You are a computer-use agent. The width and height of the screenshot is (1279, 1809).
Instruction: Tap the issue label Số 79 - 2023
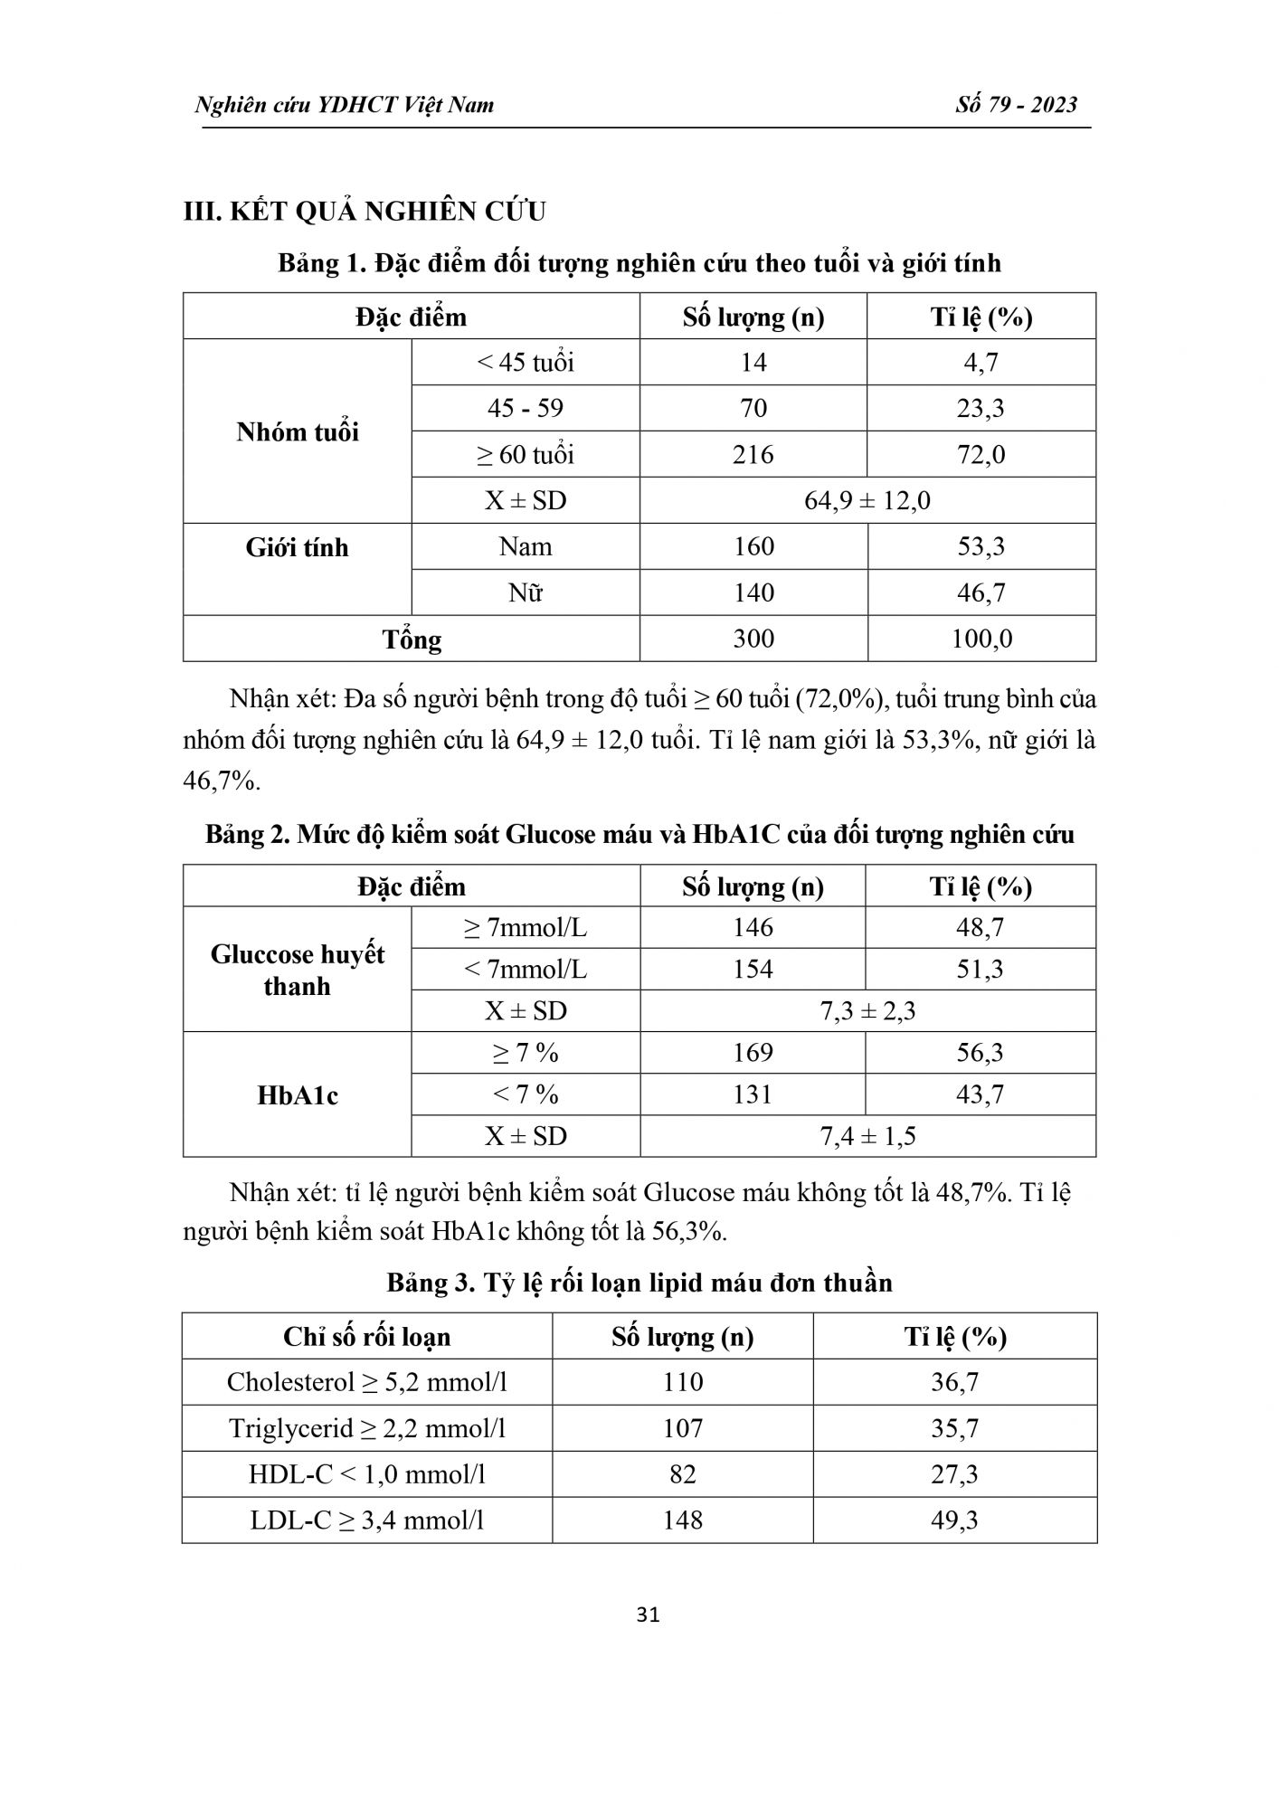pyautogui.click(x=1016, y=105)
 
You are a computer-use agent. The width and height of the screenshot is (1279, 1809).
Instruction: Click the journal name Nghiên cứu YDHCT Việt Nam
pyautogui.click(x=345, y=105)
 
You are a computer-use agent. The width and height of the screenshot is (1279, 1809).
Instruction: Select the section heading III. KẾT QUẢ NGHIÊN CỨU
pyautogui.click(x=365, y=212)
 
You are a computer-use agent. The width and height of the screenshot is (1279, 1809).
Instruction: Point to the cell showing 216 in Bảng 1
pyautogui.click(x=753, y=454)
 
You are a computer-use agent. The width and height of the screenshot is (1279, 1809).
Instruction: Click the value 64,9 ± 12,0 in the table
pyautogui.click(x=867, y=500)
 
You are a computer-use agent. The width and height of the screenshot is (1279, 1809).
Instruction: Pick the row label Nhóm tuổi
pyautogui.click(x=298, y=431)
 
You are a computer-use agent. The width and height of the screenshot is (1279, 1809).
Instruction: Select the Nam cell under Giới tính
pyautogui.click(x=525, y=546)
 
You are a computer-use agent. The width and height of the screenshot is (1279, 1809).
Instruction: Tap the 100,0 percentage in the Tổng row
pyautogui.click(x=981, y=639)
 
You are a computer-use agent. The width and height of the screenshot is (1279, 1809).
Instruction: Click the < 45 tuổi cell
pyautogui.click(x=525, y=363)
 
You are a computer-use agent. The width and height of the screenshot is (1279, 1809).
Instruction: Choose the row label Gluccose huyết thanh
pyautogui.click(x=298, y=970)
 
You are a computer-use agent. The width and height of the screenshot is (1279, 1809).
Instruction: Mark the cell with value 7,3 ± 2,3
pyautogui.click(x=867, y=1010)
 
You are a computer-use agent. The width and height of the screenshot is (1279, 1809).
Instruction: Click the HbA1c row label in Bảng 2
pyautogui.click(x=298, y=1095)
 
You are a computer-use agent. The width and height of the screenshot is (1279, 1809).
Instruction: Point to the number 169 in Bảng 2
pyautogui.click(x=753, y=1053)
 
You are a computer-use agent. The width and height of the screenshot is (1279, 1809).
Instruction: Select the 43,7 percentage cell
pyautogui.click(x=980, y=1094)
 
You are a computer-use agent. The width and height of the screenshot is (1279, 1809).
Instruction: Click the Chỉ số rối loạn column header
pyautogui.click(x=366, y=1337)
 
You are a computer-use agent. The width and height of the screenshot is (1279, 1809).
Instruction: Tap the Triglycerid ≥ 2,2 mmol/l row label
pyautogui.click(x=366, y=1428)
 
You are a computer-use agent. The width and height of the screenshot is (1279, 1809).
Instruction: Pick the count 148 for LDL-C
pyautogui.click(x=682, y=1520)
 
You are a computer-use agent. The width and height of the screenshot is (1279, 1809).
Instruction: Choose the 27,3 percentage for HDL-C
pyautogui.click(x=954, y=1474)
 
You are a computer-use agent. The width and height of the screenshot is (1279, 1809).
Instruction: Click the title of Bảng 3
pyautogui.click(x=639, y=1283)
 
